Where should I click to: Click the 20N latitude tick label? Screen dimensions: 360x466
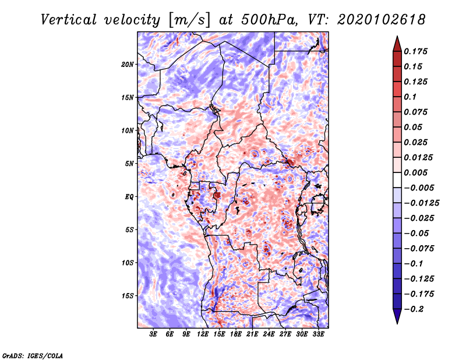128,64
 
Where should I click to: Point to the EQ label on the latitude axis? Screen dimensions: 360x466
129,197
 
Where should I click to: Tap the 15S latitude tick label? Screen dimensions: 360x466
128,296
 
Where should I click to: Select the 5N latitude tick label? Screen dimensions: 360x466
129,164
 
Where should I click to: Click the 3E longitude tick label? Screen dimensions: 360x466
153,334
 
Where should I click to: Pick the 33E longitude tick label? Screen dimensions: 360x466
318,334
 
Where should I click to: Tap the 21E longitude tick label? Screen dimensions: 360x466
252,334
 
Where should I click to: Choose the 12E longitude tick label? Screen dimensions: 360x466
203,334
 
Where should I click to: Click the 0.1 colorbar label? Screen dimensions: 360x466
410,97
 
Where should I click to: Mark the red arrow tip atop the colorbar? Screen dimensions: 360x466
397,39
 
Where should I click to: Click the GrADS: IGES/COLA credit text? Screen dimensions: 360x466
32,355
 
